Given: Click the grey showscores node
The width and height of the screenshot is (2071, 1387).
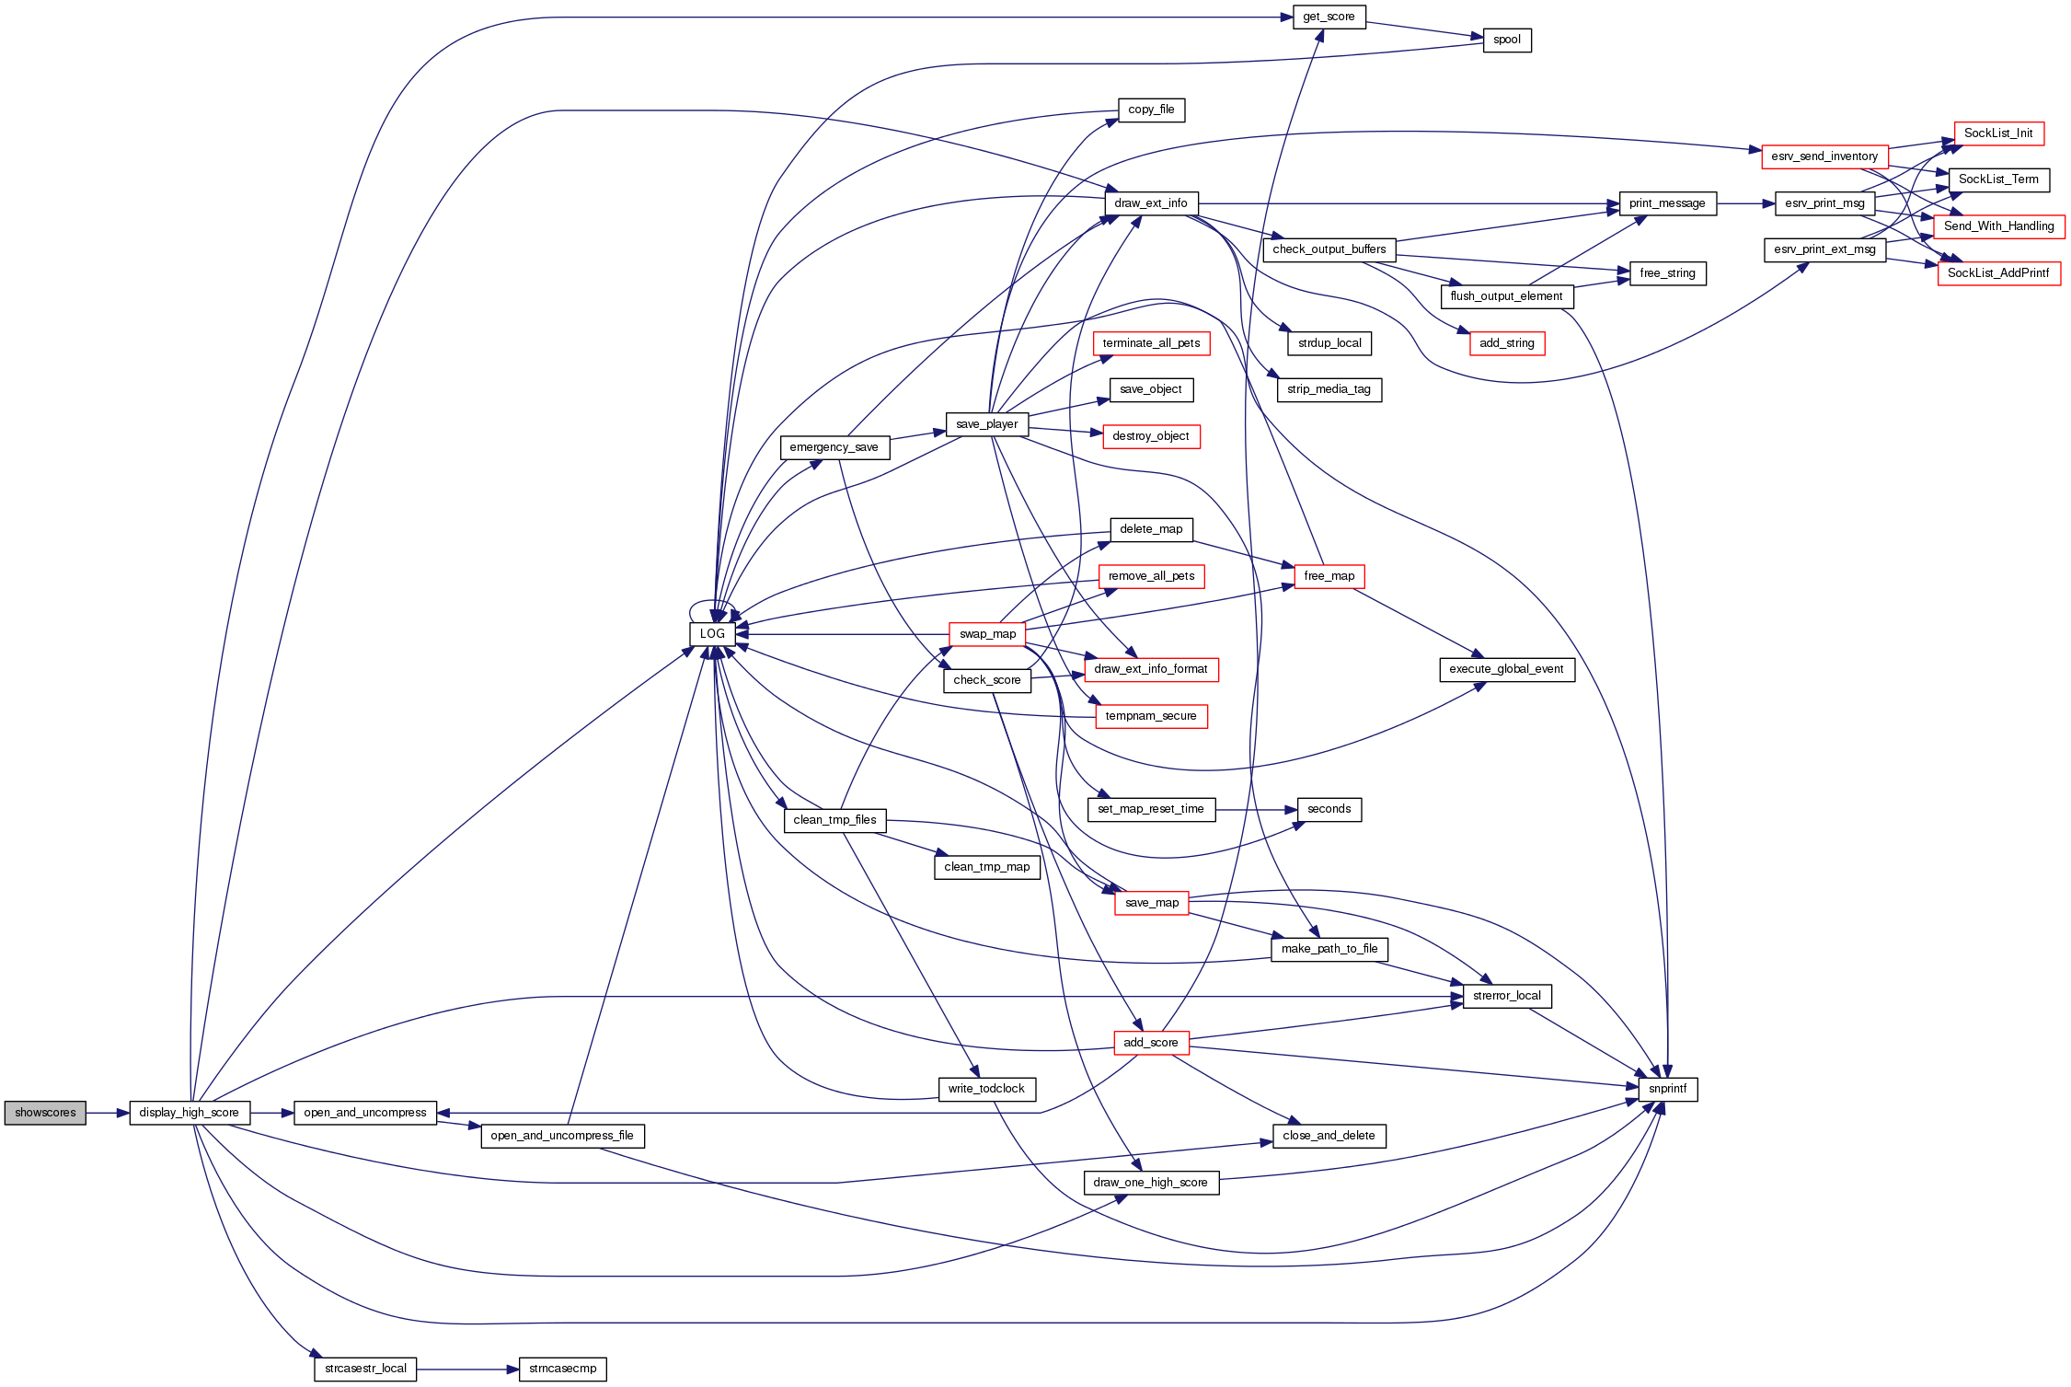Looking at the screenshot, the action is click(x=45, y=1113).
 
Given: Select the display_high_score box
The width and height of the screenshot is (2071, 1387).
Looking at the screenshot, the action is click(x=190, y=1113).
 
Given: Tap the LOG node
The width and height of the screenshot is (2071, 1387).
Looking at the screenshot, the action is click(x=712, y=634).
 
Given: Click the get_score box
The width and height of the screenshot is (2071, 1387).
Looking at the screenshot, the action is click(x=1329, y=17).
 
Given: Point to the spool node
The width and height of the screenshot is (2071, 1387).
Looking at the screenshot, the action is click(x=1507, y=40).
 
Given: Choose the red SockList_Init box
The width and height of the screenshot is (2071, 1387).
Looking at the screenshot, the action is click(x=1998, y=133).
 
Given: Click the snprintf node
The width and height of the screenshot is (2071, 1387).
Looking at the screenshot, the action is click(x=1668, y=1089).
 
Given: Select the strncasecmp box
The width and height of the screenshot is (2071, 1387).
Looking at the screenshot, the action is click(x=563, y=1369).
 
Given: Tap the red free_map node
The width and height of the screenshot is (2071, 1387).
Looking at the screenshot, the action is click(x=1329, y=576).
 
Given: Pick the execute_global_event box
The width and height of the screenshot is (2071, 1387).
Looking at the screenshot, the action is click(x=1507, y=669).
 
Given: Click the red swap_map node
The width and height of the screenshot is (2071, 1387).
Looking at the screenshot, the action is click(x=987, y=634).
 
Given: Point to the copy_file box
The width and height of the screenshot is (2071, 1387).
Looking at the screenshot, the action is click(x=1151, y=110).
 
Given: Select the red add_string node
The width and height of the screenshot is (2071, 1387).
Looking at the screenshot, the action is click(x=1507, y=343).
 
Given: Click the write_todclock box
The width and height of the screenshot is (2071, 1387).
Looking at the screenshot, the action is click(x=987, y=1089).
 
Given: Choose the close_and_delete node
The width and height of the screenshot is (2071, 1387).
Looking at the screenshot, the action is click(x=1329, y=1136).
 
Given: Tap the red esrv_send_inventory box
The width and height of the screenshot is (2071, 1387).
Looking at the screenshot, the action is click(x=1824, y=156).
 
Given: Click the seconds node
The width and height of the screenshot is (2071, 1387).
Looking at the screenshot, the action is click(x=1329, y=809).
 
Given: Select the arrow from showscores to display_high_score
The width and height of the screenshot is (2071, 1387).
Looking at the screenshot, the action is click(x=108, y=1113).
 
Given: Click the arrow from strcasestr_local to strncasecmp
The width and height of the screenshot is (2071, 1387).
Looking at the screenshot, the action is click(x=467, y=1369).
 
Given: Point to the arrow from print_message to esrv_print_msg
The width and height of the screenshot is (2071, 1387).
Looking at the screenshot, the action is click(x=1745, y=203).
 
